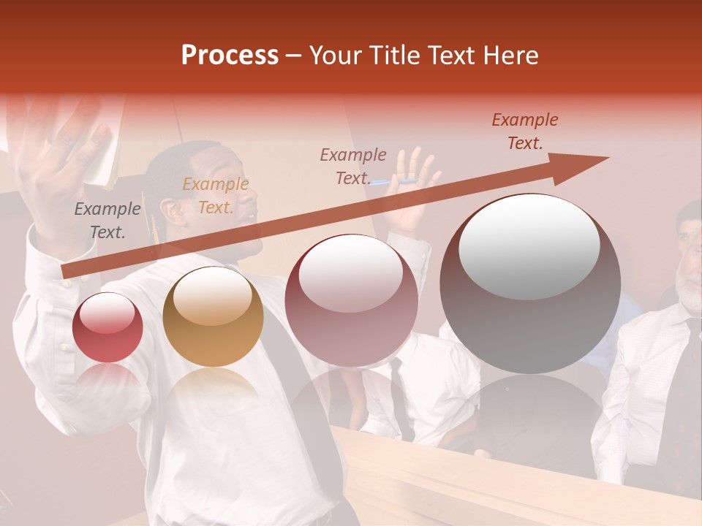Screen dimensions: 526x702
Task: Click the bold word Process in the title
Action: [x=230, y=56]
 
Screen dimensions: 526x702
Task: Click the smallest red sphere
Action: [x=107, y=327]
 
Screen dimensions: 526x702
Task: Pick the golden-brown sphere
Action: [x=213, y=316]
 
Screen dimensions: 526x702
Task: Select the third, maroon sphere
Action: [x=351, y=301]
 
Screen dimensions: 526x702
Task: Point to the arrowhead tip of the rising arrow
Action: [x=607, y=158]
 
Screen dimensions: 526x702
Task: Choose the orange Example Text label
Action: [x=215, y=196]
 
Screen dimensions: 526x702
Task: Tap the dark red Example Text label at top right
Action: [x=524, y=131]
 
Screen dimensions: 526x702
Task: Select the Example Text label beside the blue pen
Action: [x=353, y=167]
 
